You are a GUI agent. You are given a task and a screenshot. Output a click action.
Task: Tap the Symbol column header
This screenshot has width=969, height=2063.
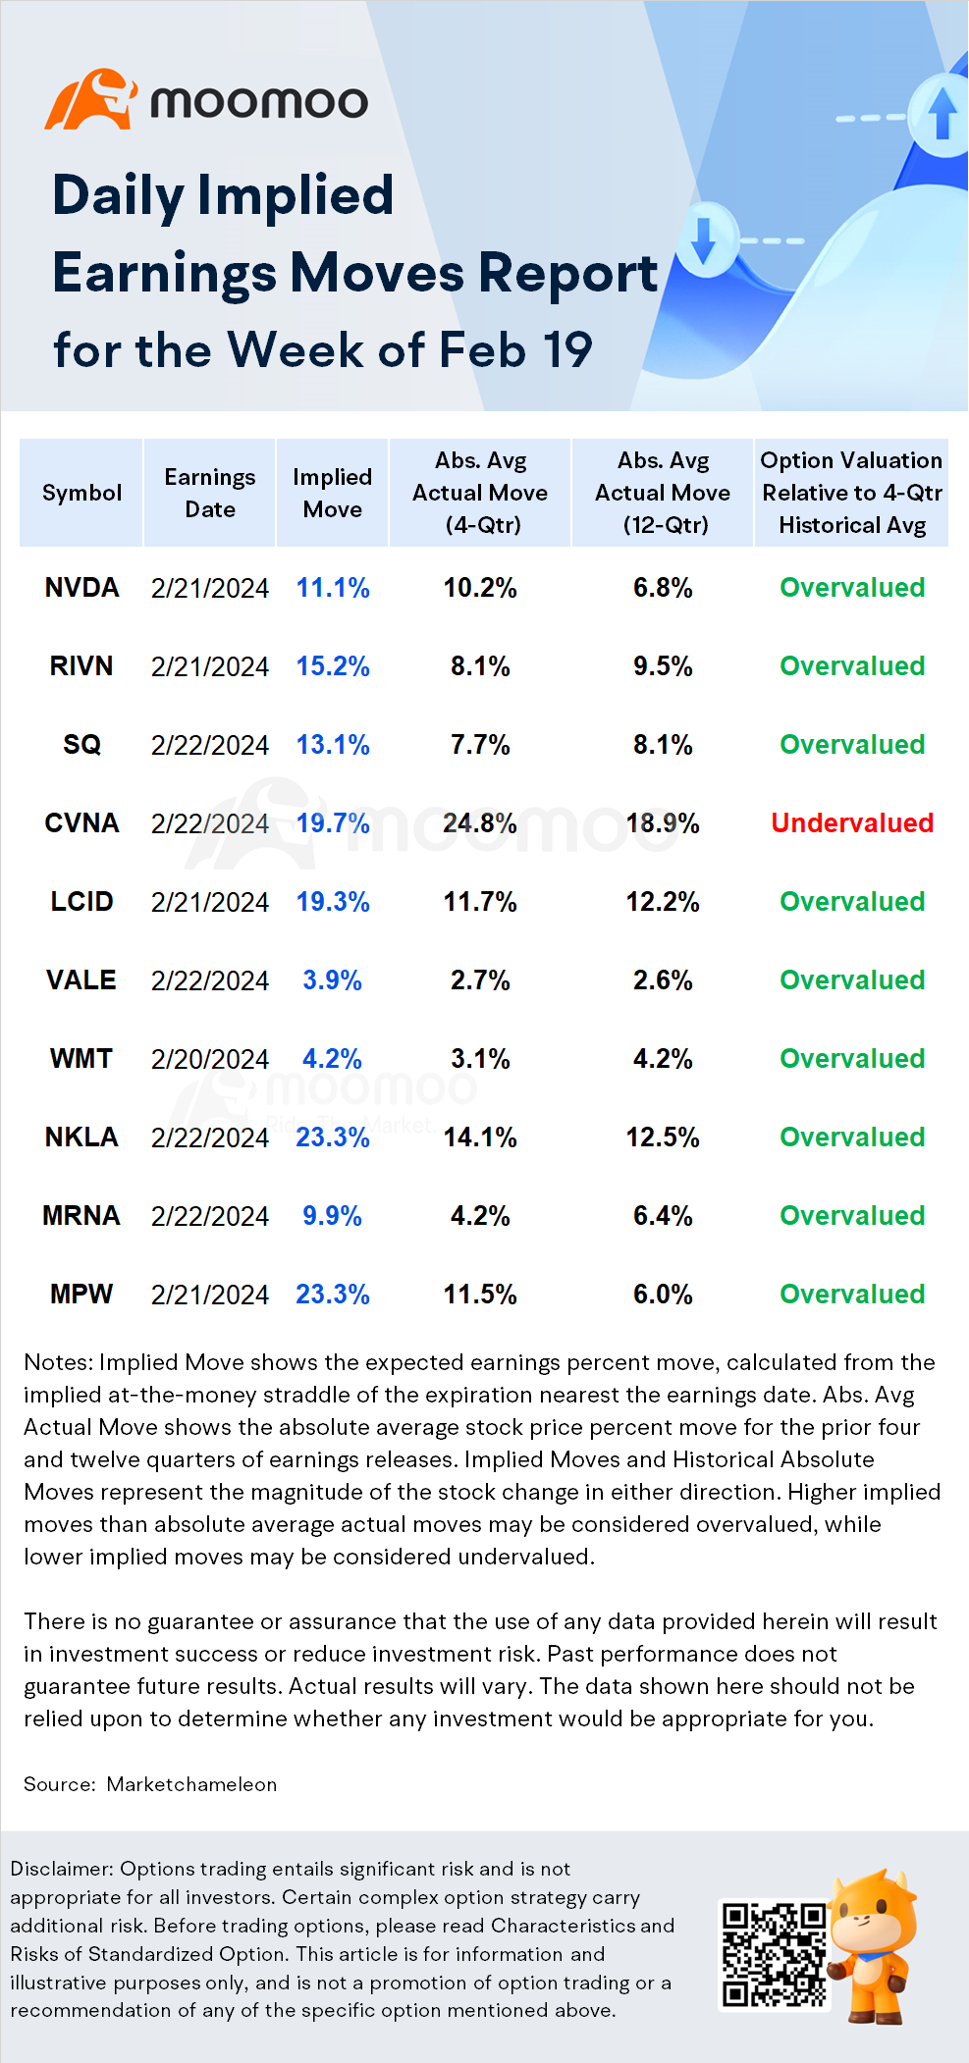tap(81, 493)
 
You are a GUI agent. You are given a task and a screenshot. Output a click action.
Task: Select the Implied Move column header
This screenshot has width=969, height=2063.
tap(333, 493)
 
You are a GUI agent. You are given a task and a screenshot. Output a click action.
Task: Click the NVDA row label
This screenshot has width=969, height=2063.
tap(81, 588)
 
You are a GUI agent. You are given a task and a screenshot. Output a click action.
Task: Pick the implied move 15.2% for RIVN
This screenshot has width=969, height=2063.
tap(333, 666)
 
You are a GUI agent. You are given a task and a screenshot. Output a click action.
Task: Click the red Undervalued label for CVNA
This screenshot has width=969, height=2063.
tap(852, 823)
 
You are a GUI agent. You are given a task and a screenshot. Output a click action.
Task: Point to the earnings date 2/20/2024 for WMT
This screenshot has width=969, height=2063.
tap(210, 1059)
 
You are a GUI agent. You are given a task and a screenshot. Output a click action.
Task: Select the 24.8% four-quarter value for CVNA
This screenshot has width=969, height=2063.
tap(480, 823)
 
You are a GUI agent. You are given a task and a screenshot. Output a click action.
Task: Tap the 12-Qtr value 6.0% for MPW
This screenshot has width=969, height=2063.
tap(663, 1295)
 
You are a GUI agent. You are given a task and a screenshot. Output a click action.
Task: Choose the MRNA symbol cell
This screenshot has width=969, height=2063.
tap(81, 1216)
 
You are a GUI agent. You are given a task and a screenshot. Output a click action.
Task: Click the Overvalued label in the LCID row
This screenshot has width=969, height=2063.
tap(852, 902)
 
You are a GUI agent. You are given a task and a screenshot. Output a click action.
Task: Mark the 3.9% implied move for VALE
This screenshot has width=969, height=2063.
tap(333, 980)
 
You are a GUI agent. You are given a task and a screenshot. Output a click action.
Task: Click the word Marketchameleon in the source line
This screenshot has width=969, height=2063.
tap(191, 1784)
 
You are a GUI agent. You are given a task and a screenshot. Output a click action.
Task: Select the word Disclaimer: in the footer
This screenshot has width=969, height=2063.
tap(62, 1870)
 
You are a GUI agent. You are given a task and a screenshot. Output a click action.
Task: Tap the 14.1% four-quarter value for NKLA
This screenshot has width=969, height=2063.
tap(480, 1137)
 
